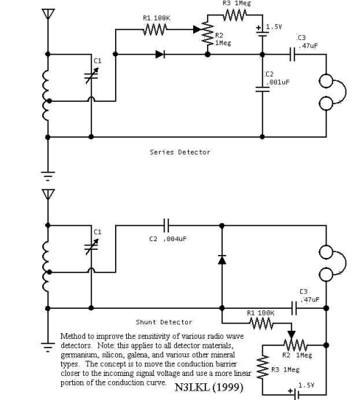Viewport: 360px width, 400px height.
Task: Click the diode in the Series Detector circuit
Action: tap(160, 54)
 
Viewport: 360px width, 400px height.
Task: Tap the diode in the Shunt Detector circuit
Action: tap(222, 259)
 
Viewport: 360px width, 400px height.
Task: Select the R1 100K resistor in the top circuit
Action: tap(155, 29)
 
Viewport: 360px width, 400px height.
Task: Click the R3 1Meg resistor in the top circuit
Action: tap(235, 15)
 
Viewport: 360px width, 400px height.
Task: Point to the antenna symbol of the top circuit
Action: tap(48, 15)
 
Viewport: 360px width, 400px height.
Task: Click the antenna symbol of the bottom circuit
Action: tap(48, 195)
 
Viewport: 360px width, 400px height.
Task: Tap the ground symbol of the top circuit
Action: tap(48, 176)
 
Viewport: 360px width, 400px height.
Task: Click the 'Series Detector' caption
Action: tap(180, 152)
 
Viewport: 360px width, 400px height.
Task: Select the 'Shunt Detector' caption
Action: tap(164, 322)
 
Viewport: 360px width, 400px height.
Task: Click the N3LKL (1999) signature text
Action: tap(208, 387)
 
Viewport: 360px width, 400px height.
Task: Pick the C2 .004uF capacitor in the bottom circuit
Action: tap(166, 225)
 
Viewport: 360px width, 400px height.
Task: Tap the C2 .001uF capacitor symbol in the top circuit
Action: tap(262, 89)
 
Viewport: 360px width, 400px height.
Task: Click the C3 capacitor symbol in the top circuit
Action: tap(292, 54)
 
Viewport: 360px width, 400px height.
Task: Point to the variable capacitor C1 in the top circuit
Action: tap(91, 76)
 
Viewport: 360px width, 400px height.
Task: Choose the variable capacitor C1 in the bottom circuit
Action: tap(91, 247)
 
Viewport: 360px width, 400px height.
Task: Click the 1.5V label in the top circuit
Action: tap(274, 27)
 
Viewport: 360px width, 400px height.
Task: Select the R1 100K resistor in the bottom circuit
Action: tap(262, 323)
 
